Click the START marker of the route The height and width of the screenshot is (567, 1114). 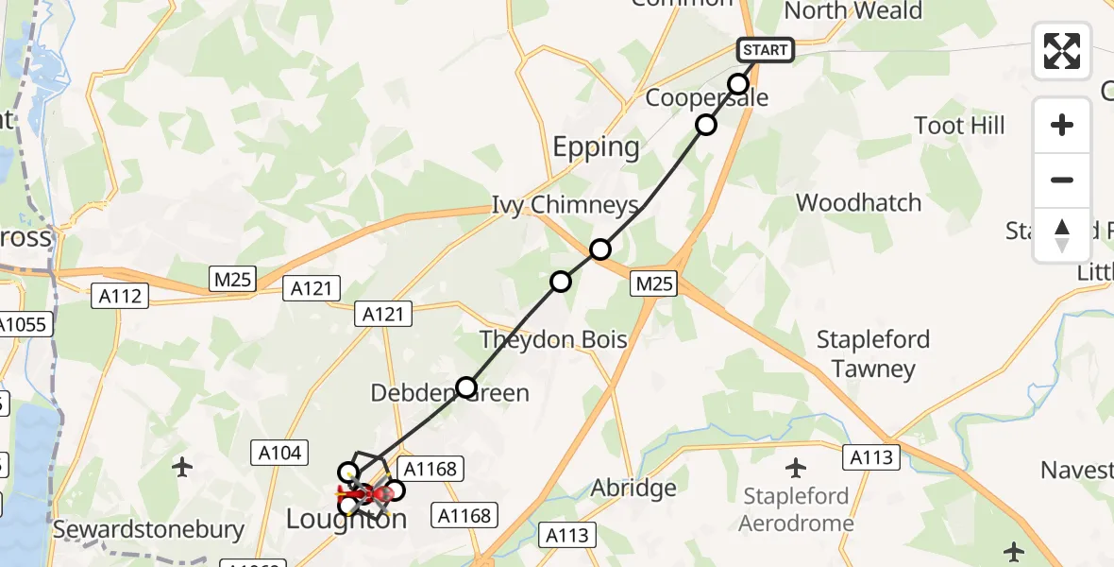pyautogui.click(x=765, y=50)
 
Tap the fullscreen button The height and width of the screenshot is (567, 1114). pyautogui.click(x=1062, y=51)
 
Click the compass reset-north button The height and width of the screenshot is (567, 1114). pyautogui.click(x=1062, y=234)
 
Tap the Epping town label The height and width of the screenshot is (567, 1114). pyautogui.click(x=596, y=147)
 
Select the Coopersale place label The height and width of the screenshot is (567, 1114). pyautogui.click(x=707, y=98)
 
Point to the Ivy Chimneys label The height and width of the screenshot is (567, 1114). pyautogui.click(x=565, y=205)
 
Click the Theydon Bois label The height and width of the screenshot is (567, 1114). pyautogui.click(x=553, y=339)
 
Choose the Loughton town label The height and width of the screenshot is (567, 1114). pyautogui.click(x=346, y=519)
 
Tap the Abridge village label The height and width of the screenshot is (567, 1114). pyautogui.click(x=633, y=489)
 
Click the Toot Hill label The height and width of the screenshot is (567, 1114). pyautogui.click(x=959, y=126)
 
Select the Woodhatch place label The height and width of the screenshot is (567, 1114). pyautogui.click(x=858, y=202)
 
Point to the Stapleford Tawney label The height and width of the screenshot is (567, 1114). pyautogui.click(x=873, y=353)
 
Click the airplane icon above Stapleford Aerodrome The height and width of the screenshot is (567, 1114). pyautogui.click(x=797, y=467)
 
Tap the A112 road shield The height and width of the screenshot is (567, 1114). pyautogui.click(x=120, y=297)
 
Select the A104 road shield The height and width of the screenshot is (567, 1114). pyautogui.click(x=280, y=454)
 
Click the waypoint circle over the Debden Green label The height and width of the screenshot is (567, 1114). pyautogui.click(x=466, y=387)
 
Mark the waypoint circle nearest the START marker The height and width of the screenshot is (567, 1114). pyautogui.click(x=738, y=83)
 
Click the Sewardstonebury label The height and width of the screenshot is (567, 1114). pyautogui.click(x=149, y=530)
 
